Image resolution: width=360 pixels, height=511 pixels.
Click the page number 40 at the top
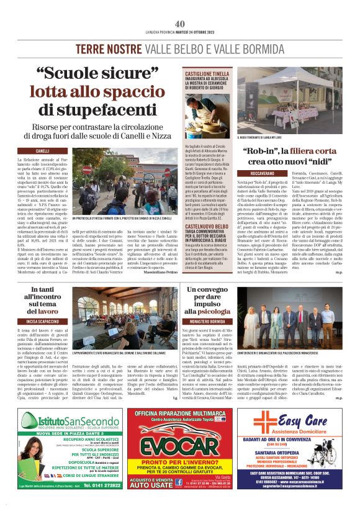pos(180,7)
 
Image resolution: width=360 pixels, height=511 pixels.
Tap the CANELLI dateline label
pos(43,151)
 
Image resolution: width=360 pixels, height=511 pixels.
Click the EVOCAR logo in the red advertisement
pos(180,446)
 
